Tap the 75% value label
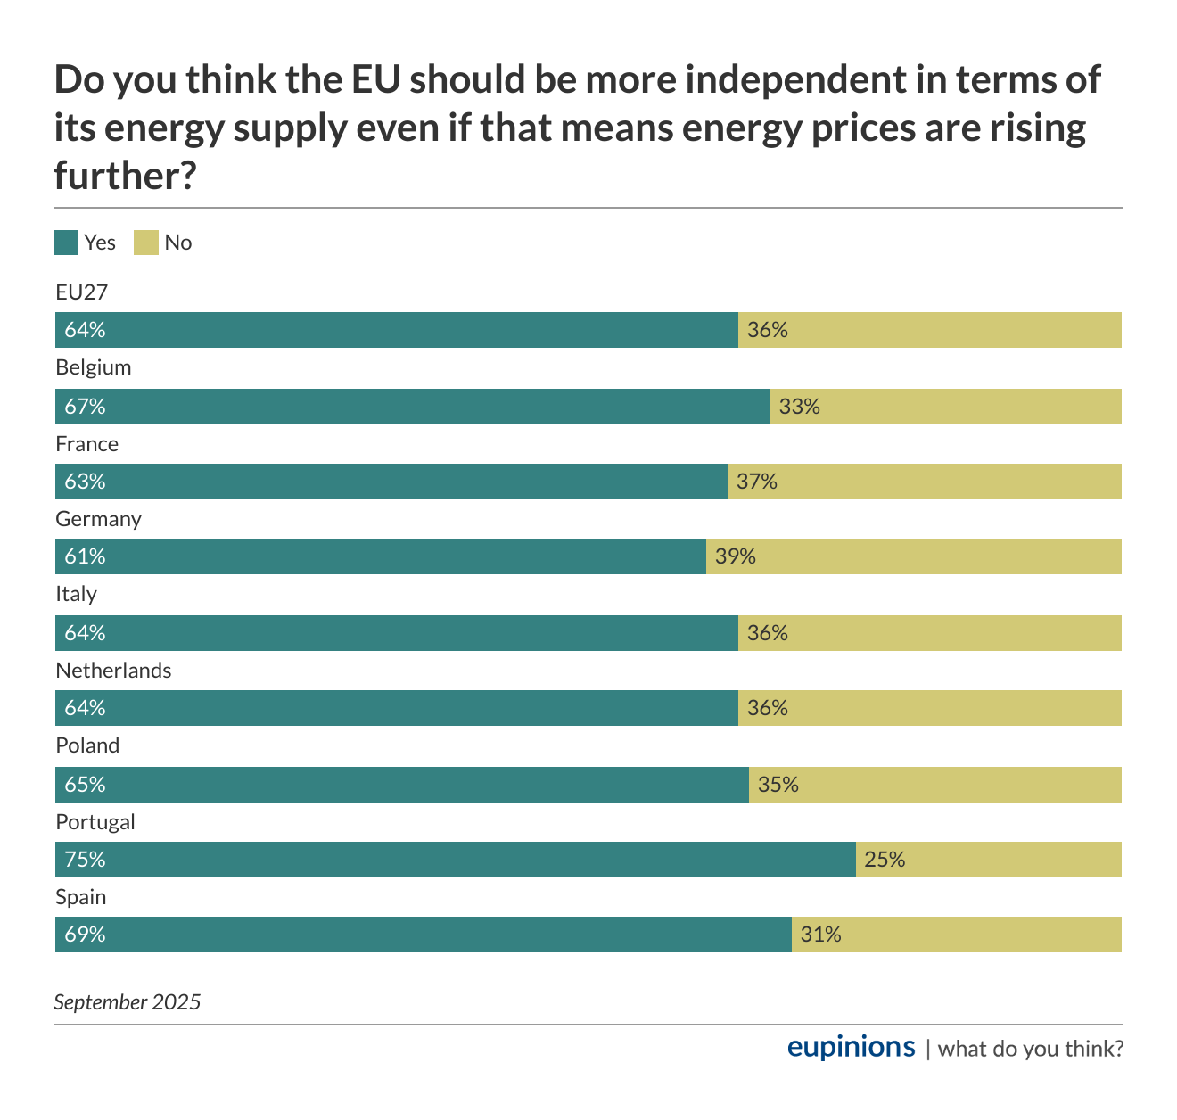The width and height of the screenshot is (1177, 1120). tap(85, 860)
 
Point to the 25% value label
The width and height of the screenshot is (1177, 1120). tap(885, 860)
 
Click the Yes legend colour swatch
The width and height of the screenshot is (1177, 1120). tap(66, 243)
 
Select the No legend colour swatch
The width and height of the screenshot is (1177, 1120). tap(146, 243)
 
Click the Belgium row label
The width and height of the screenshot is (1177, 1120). tap(93, 367)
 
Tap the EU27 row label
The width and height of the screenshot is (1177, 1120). tap(81, 292)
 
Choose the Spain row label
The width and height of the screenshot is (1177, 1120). tap(80, 897)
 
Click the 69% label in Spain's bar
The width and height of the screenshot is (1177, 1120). tap(85, 935)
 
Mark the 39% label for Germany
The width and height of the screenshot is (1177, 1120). tap(735, 556)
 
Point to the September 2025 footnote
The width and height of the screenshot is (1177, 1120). tap(128, 1002)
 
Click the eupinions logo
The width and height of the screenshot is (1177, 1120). tap(851, 1047)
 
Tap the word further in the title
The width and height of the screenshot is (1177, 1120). tap(124, 176)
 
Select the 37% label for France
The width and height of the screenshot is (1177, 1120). tap(756, 482)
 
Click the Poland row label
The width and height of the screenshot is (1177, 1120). tap(87, 745)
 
